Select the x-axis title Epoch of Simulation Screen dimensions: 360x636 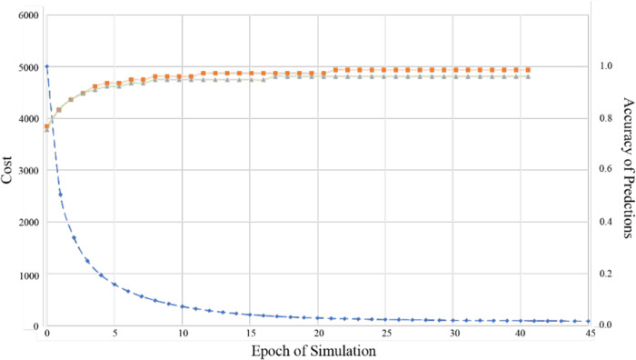316,350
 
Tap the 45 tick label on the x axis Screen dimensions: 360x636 590,334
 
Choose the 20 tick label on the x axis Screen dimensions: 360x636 319,334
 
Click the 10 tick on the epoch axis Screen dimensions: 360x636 183,334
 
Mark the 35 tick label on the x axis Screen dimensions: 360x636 454,334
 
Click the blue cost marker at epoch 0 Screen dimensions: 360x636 46,66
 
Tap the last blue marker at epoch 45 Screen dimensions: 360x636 589,321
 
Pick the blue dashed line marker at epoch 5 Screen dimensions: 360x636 114,285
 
